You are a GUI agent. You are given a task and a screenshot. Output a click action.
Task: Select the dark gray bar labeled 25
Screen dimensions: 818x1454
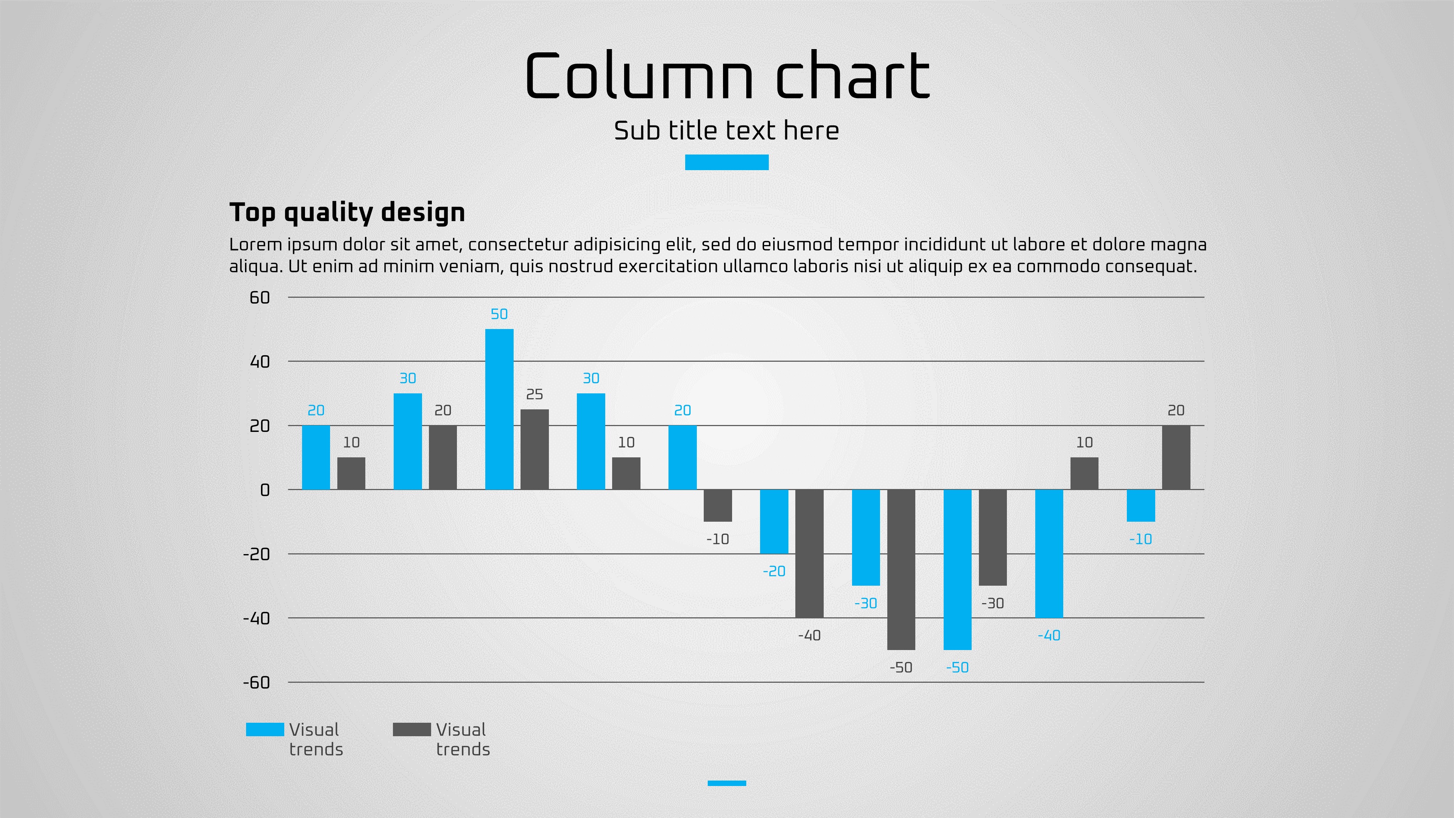[x=534, y=449]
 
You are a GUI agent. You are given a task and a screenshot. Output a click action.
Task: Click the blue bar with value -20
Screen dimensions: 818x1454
[x=774, y=522]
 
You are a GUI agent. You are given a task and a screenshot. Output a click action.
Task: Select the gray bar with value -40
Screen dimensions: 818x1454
[x=810, y=553]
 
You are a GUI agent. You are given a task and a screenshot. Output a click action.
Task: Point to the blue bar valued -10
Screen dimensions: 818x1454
[x=1141, y=505]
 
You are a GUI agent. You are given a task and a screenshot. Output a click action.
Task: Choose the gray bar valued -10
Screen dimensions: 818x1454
[x=718, y=505]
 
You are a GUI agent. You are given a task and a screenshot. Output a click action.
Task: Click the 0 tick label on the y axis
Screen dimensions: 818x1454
[x=265, y=490]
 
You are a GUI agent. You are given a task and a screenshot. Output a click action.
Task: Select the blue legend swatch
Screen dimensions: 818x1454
[x=265, y=729]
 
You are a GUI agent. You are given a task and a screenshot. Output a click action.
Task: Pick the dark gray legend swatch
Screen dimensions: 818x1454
[x=411, y=729]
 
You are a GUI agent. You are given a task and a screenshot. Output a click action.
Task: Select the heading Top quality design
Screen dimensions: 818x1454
[x=347, y=213]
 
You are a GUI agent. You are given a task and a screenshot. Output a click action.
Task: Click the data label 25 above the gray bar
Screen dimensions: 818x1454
[x=534, y=394]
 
